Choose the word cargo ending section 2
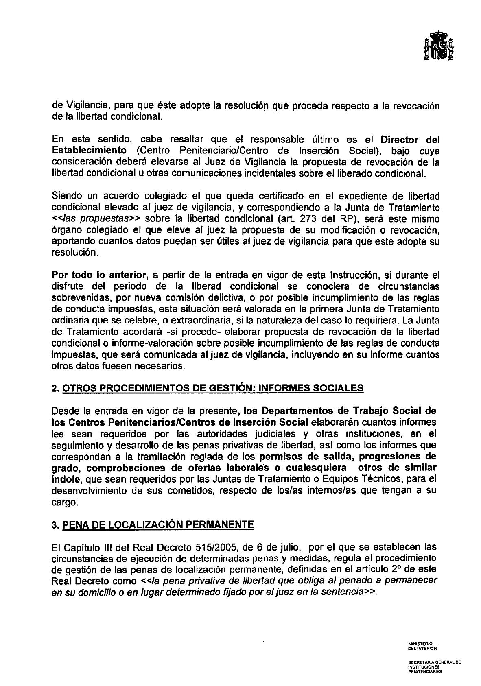(x=64, y=502)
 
